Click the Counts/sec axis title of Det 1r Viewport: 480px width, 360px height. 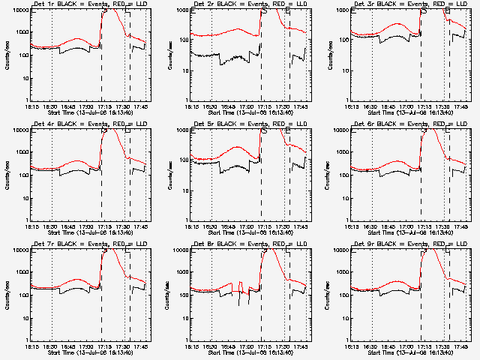tap(7, 56)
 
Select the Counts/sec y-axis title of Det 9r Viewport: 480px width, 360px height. tap(328, 296)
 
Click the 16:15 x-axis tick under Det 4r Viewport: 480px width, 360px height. tap(31, 226)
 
